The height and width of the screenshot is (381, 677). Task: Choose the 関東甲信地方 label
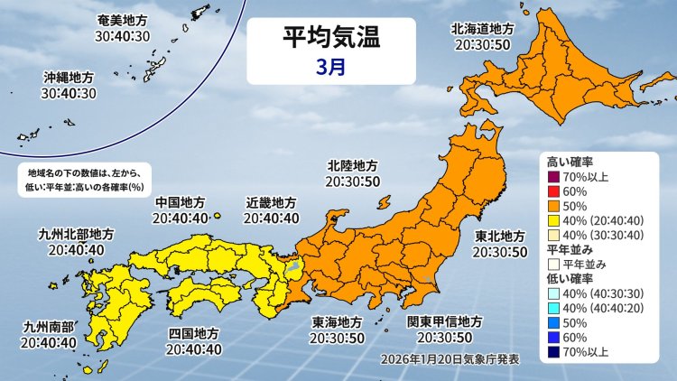pos(444,322)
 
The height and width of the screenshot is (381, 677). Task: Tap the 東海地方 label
pos(338,322)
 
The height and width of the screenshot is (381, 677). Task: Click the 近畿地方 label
pos(270,202)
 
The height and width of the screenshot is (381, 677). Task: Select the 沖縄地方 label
pos(68,78)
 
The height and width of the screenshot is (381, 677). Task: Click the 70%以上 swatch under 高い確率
pos(554,175)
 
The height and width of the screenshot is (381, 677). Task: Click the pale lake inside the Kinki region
pos(292,265)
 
